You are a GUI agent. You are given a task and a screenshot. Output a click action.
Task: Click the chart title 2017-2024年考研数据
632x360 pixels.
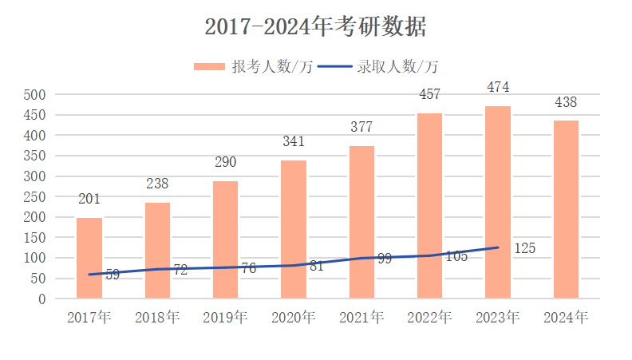tap(315, 26)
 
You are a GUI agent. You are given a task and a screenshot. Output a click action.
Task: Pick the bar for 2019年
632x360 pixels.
tap(225, 239)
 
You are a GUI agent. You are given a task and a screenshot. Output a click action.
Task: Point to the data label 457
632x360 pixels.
tap(430, 94)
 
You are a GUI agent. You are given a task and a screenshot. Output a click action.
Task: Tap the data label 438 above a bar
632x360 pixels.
tap(566, 102)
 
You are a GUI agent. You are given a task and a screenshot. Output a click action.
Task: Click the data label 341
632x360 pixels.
tap(294, 142)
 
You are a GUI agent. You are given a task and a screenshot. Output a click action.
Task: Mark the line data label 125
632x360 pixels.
tap(524, 248)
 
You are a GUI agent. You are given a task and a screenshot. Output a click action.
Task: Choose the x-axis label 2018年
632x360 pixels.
tap(157, 317)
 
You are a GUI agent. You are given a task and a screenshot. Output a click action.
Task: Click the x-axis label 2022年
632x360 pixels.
tap(429, 317)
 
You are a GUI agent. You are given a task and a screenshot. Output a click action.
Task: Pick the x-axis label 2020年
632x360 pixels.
tap(294, 317)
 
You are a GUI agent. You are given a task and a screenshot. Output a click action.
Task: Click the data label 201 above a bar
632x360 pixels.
tap(89, 199)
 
